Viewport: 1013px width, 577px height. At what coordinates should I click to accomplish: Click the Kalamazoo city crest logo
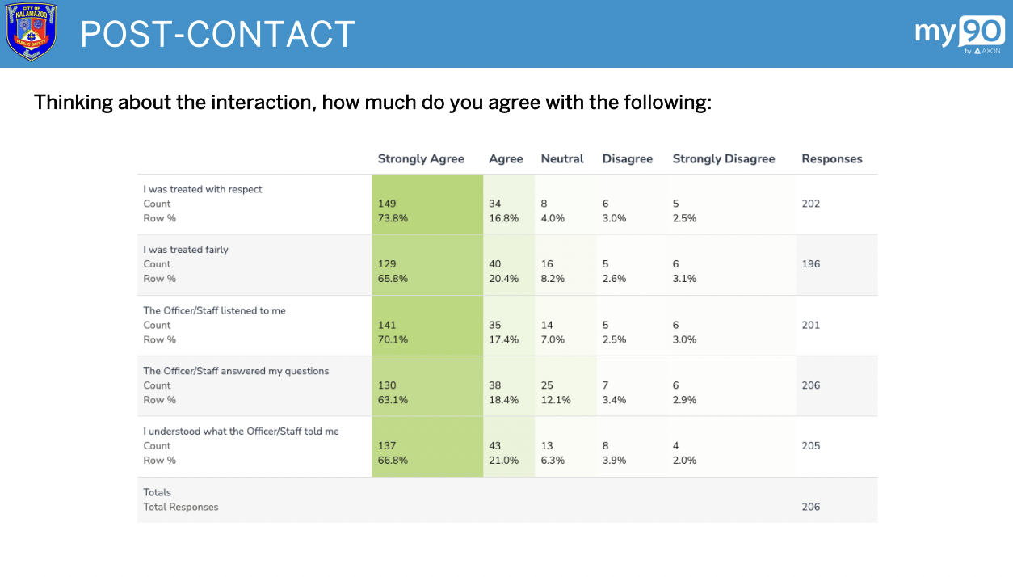coord(32,32)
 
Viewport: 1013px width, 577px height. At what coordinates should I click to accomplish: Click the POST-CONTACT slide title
coord(217,34)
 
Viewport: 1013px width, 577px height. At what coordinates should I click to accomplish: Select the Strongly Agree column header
coord(421,159)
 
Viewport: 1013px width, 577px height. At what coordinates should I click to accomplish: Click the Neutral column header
coord(561,159)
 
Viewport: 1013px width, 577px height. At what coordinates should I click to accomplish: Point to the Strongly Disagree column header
coord(723,159)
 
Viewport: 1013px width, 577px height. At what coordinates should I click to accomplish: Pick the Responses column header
coord(831,159)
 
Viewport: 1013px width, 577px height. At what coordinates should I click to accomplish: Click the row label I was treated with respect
coord(203,189)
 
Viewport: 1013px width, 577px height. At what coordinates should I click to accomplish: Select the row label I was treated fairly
coord(186,250)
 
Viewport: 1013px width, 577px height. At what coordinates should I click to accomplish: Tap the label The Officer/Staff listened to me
coord(214,310)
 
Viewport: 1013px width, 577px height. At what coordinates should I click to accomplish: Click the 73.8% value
coord(393,218)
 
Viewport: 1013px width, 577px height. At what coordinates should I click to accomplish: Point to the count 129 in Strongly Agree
coord(387,264)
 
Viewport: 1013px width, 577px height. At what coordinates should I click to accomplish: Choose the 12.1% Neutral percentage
coord(556,400)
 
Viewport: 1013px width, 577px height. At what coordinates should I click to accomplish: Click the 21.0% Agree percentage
coord(503,461)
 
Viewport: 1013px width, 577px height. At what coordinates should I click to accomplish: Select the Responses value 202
coord(810,204)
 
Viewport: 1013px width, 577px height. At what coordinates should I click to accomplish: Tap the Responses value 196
coord(810,264)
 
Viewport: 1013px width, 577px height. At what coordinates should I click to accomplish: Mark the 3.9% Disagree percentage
coord(615,461)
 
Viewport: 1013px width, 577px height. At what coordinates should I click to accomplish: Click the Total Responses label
coord(180,508)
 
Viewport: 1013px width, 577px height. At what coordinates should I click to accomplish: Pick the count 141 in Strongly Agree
coord(387,325)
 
